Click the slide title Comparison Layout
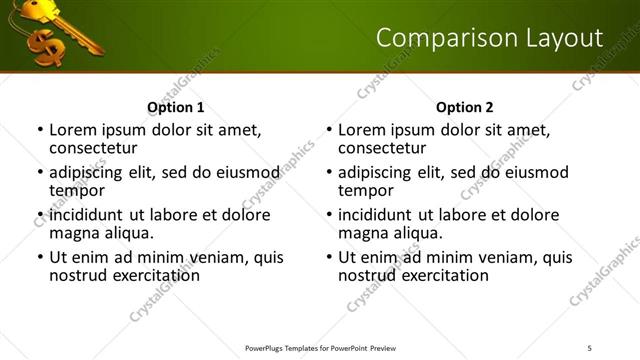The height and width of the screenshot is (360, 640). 489,38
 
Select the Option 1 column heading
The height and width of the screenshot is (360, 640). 175,108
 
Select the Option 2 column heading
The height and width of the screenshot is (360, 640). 464,108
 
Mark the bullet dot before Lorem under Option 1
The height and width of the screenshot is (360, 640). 39,130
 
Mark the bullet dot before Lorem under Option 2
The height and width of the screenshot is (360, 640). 328,130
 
